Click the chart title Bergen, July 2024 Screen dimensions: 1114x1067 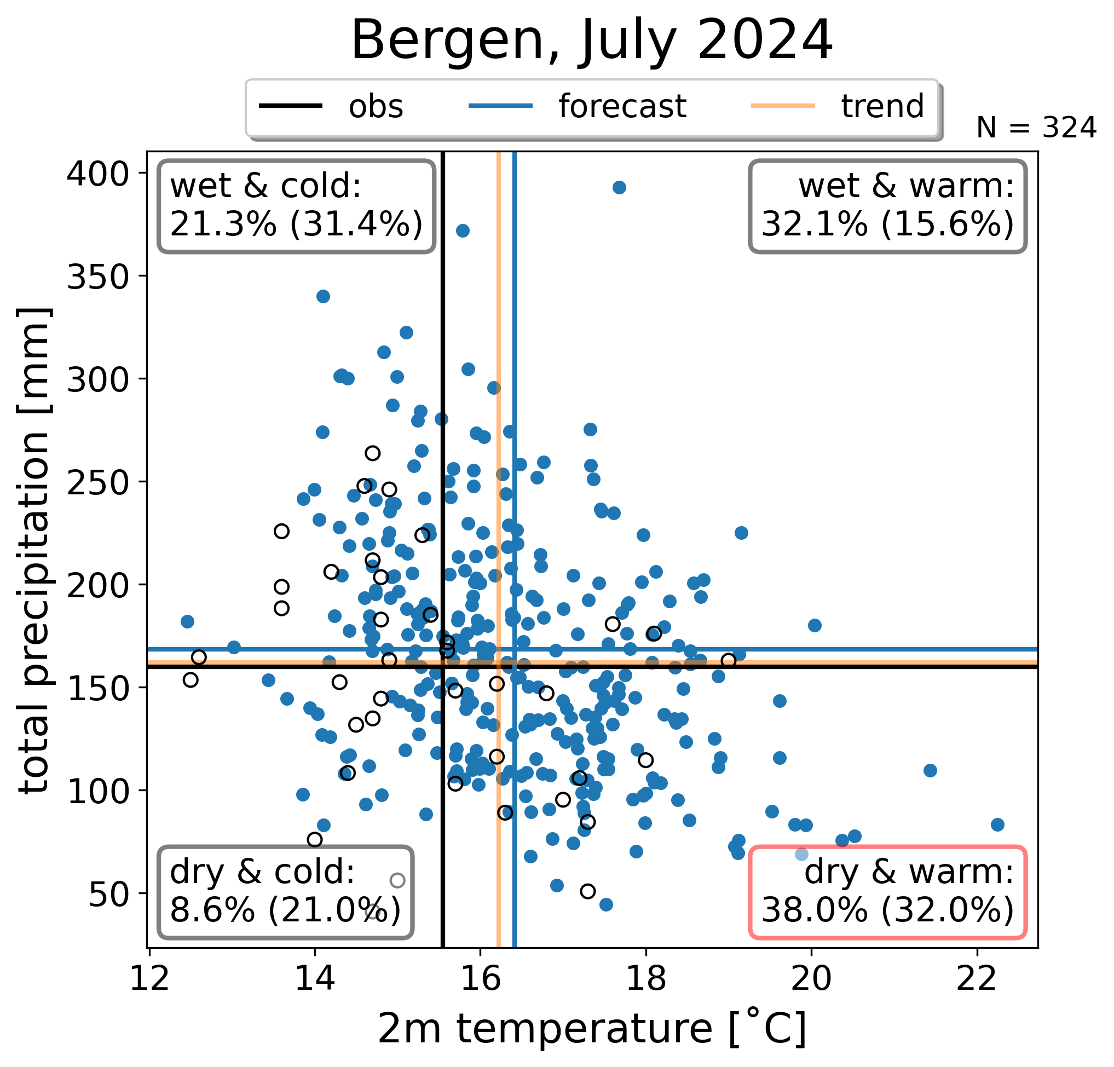coord(592,40)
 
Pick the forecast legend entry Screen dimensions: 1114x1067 coord(578,106)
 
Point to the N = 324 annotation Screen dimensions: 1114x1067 coord(1036,128)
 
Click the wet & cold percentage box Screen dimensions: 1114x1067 coord(297,206)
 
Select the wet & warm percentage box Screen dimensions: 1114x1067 coord(888,206)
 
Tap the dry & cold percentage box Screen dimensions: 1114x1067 coord(286,892)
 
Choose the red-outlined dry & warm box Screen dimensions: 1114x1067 coord(888,892)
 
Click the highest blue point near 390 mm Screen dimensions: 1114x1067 coord(620,188)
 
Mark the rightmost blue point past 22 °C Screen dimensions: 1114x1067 coord(997,825)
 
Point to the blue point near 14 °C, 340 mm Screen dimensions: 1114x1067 coord(324,296)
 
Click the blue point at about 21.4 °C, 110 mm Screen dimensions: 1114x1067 coord(931,771)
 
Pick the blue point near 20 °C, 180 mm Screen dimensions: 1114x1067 coord(815,625)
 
